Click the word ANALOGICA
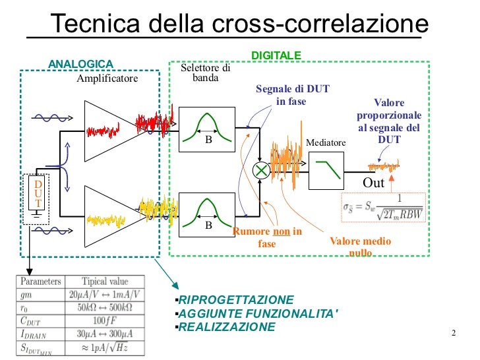pos(81,63)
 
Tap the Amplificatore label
pos(107,78)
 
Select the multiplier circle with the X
pos(262,170)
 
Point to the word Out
pos(374,182)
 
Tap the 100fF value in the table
pos(105,321)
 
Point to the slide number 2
pos(454,332)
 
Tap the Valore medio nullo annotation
pos(360,245)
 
